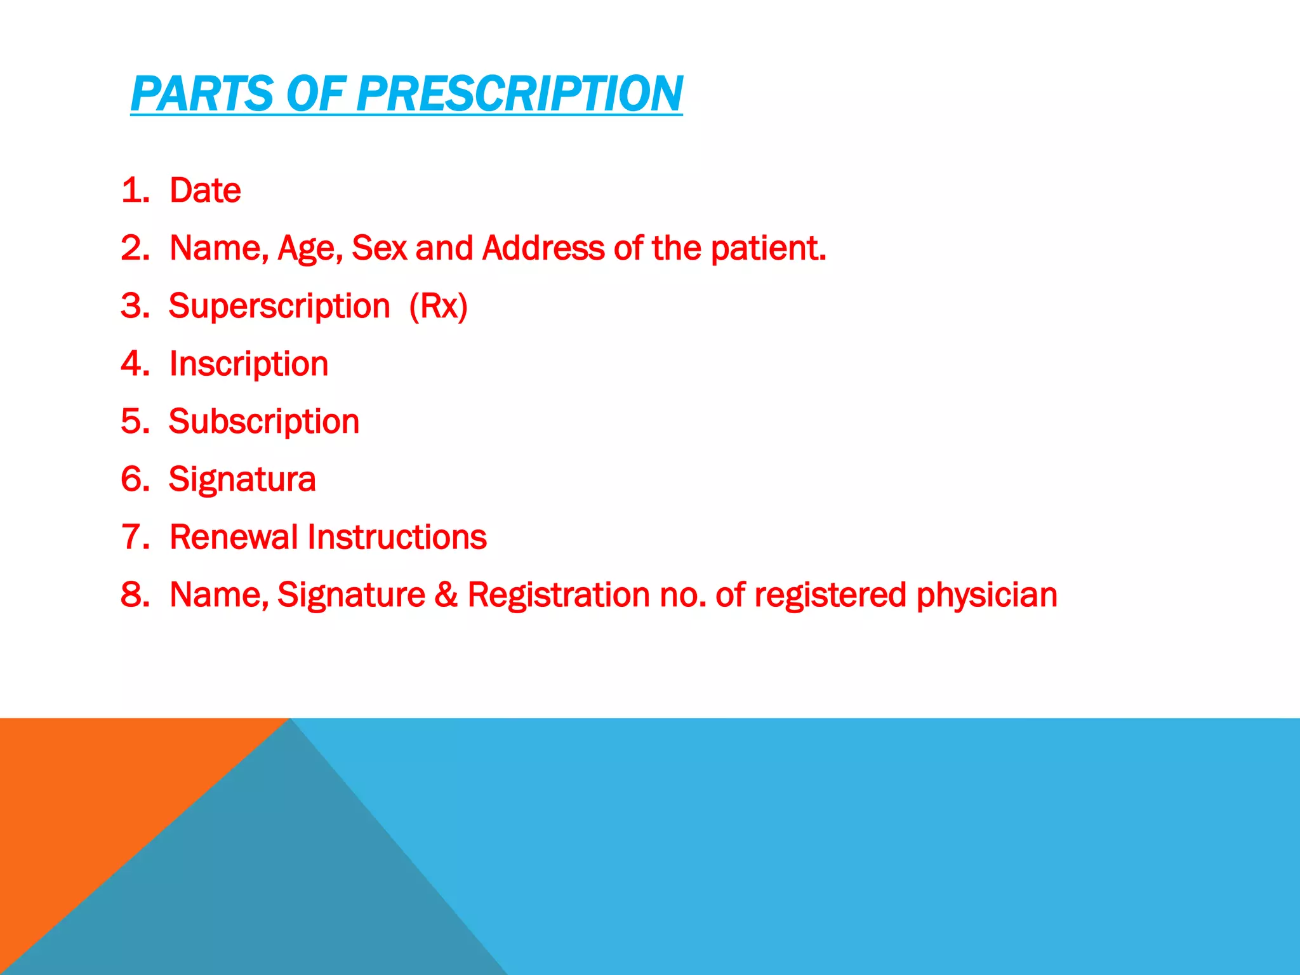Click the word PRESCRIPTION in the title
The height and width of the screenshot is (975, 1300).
519,94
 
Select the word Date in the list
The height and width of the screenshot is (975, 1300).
205,190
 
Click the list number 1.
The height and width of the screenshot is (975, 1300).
134,190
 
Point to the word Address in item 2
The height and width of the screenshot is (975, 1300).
543,248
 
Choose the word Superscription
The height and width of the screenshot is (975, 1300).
279,307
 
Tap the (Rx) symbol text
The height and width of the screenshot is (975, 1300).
438,307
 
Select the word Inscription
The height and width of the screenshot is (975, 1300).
249,364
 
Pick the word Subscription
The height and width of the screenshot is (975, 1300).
264,422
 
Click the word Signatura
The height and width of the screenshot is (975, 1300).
242,480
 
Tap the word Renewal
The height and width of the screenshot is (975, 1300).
234,537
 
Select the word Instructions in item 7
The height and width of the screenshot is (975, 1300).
397,537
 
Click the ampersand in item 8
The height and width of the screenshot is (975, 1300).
446,595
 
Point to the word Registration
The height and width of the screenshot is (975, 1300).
559,595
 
